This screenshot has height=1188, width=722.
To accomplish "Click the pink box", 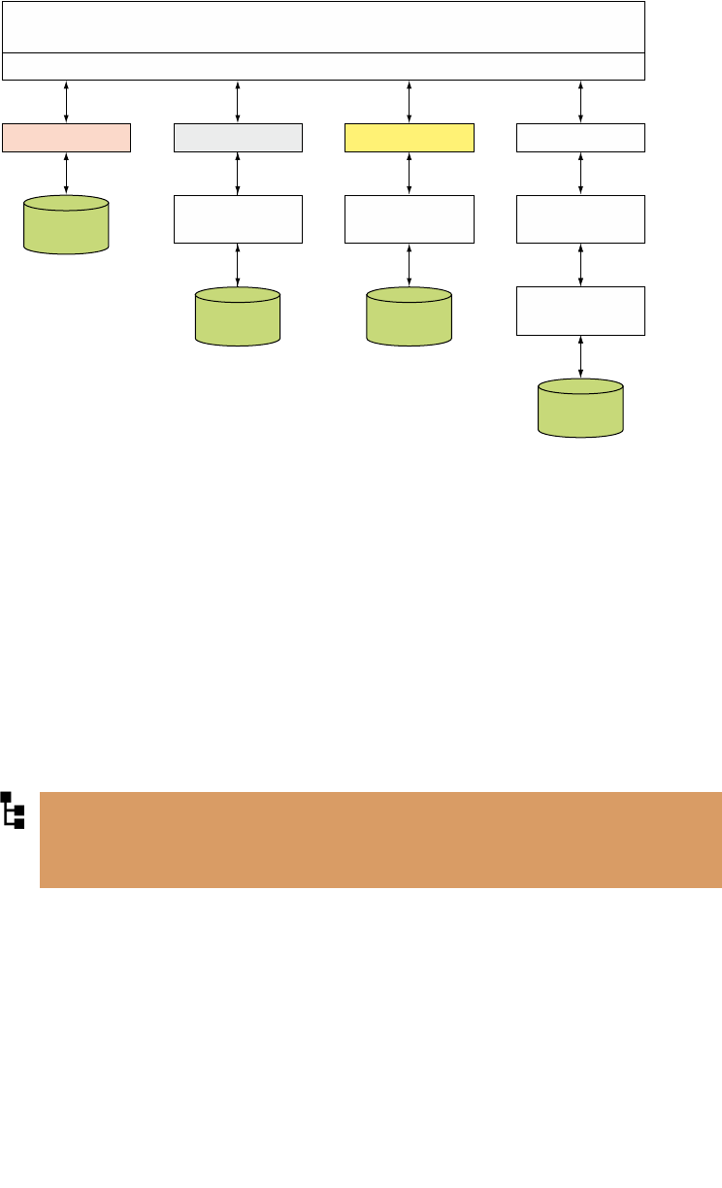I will tap(66, 138).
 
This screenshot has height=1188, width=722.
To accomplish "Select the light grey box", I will tap(238, 138).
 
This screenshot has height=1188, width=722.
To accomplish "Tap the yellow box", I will tap(410, 138).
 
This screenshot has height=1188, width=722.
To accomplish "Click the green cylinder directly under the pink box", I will tap(66, 224).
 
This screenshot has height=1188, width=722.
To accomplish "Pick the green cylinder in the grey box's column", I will tap(238, 315).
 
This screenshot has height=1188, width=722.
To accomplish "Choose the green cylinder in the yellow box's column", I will tap(409, 315).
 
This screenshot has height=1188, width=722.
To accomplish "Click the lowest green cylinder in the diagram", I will tap(580, 408).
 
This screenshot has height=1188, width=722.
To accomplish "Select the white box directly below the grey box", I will tap(238, 218).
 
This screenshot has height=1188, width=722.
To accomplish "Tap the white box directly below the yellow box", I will tap(410, 218).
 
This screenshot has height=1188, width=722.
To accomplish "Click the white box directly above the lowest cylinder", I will tap(580, 311).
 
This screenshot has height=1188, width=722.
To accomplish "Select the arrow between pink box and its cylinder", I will tap(66, 174).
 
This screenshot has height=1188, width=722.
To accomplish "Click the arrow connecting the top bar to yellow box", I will tap(410, 102).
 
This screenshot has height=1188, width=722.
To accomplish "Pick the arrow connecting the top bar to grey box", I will tap(238, 102).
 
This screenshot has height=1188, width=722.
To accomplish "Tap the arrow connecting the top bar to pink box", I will tap(66, 102).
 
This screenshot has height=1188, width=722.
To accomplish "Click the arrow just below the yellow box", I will tap(410, 174).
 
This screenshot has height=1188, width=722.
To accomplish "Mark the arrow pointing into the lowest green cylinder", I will tap(580, 356).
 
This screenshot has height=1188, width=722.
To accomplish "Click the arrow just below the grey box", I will tap(238, 174).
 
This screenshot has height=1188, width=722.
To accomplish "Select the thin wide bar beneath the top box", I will tap(324, 66).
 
